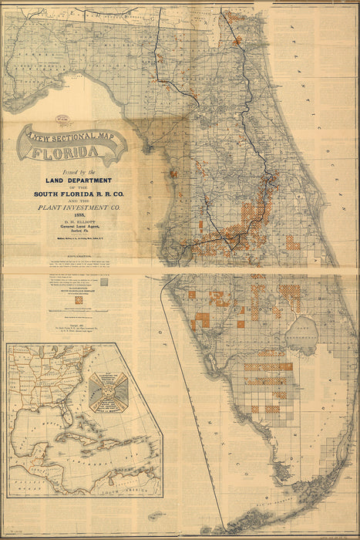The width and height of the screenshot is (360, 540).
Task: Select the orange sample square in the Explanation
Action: [x=78, y=299]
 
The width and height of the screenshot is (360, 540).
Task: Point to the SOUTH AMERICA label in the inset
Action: [x=127, y=488]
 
